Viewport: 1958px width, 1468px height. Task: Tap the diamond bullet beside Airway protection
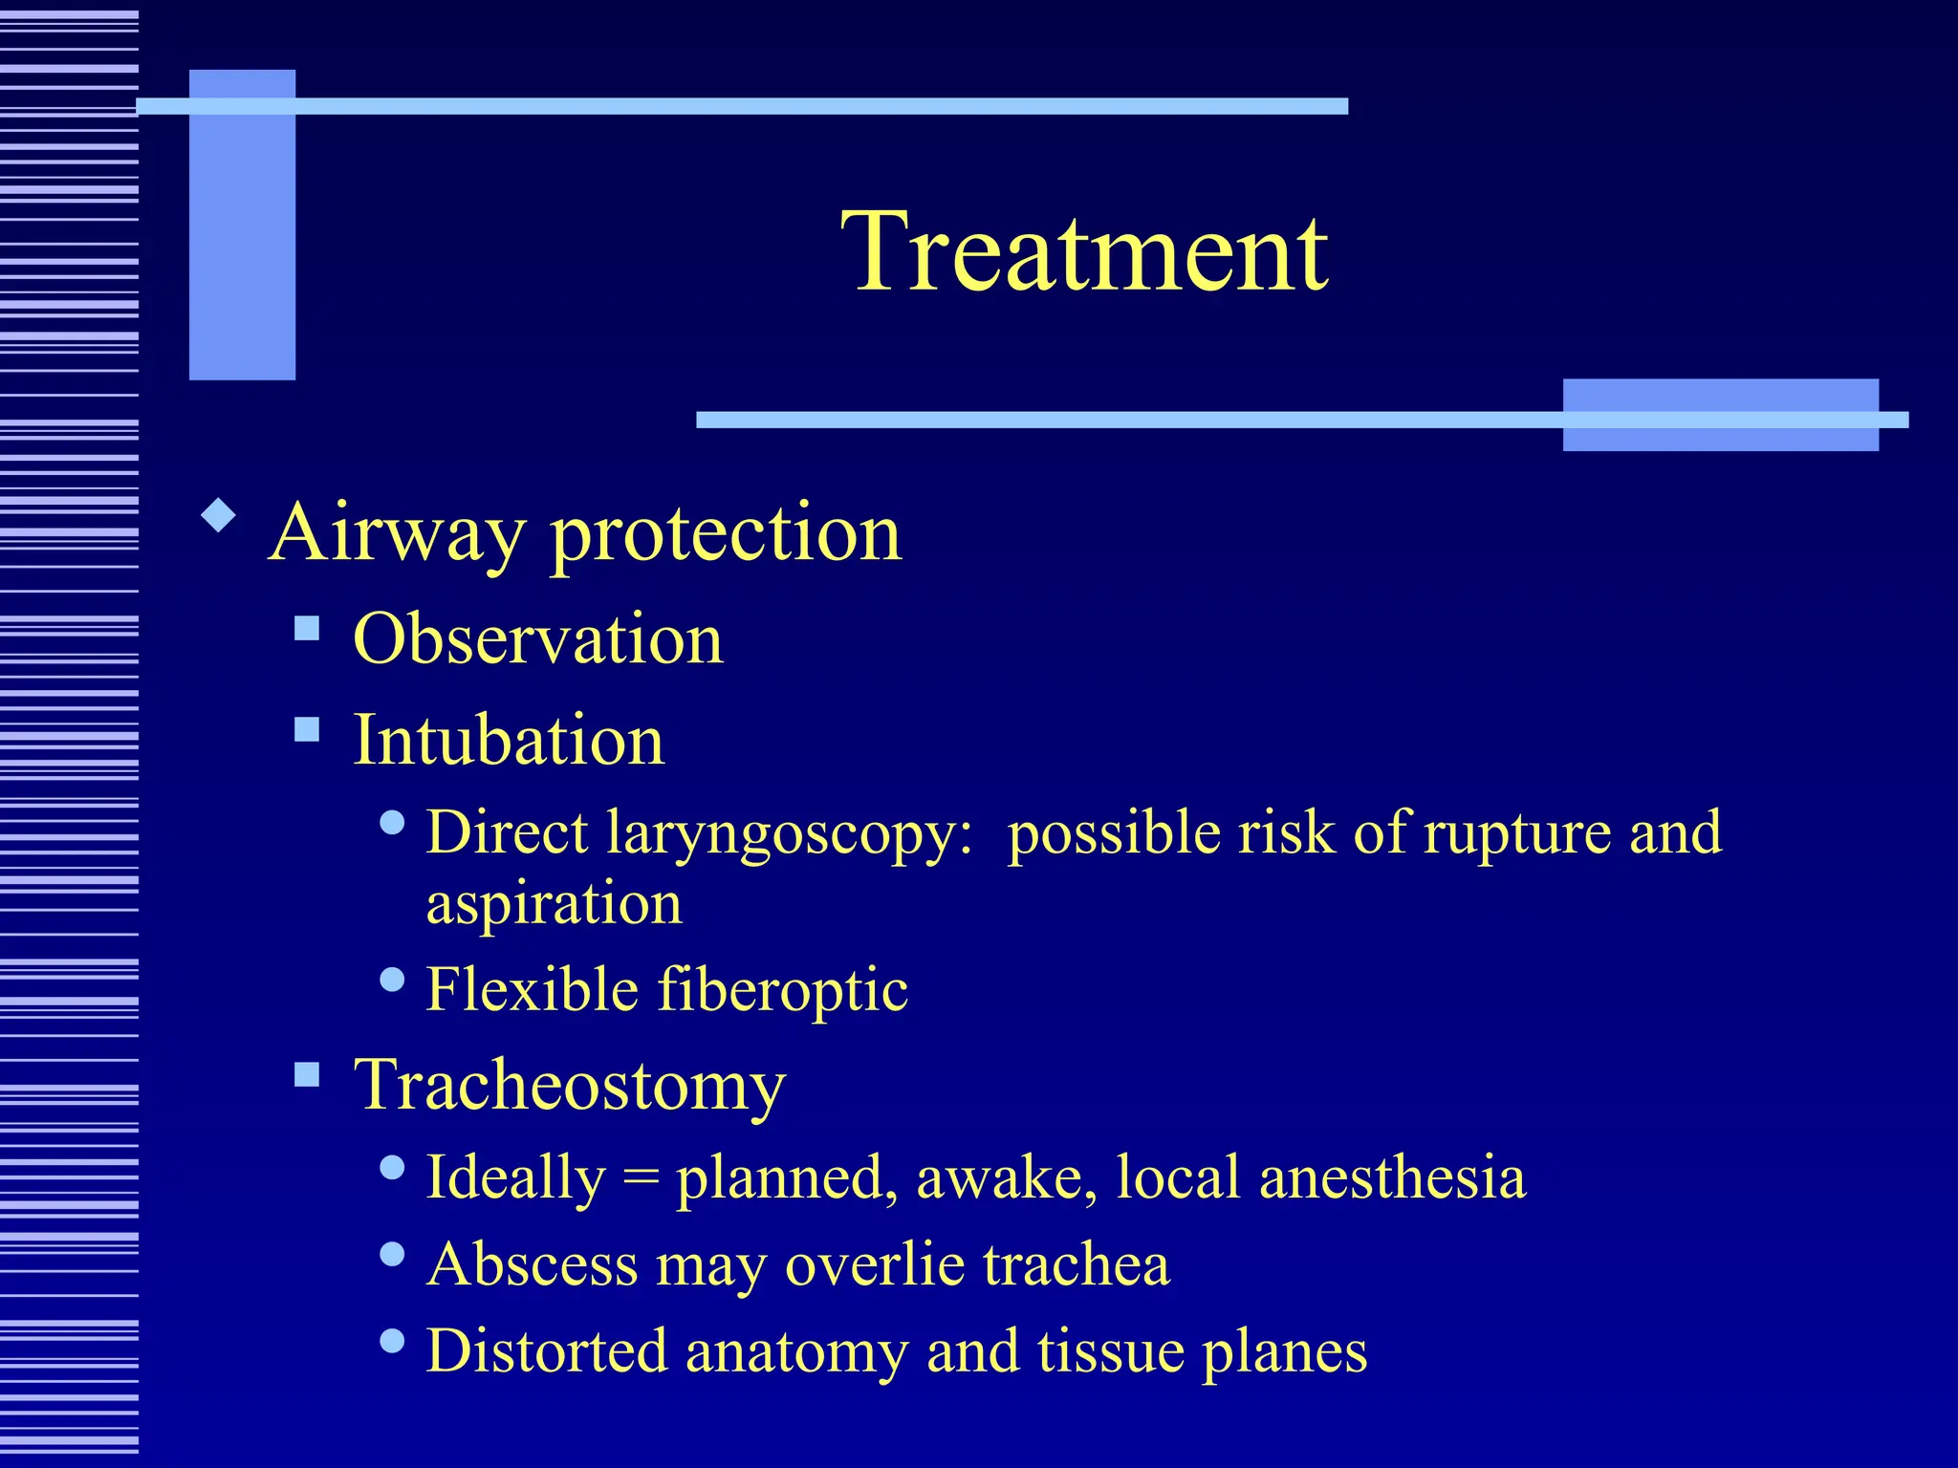point(219,515)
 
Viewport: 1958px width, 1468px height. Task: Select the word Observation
point(537,638)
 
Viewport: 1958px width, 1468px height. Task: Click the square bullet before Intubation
point(307,730)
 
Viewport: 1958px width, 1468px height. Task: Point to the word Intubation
point(509,741)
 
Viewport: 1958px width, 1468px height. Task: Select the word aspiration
point(554,903)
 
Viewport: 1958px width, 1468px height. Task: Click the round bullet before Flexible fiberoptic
point(392,980)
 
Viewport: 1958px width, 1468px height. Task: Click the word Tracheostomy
point(570,1086)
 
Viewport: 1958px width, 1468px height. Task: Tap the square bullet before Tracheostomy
point(307,1075)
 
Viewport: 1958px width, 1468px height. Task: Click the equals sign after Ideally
point(641,1178)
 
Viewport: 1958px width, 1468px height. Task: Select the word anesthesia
point(1392,1177)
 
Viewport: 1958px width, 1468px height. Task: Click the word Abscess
point(532,1265)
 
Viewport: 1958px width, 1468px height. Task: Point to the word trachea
point(1076,1264)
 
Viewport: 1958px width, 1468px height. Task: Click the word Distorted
point(547,1351)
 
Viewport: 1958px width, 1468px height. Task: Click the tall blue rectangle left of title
point(242,225)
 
